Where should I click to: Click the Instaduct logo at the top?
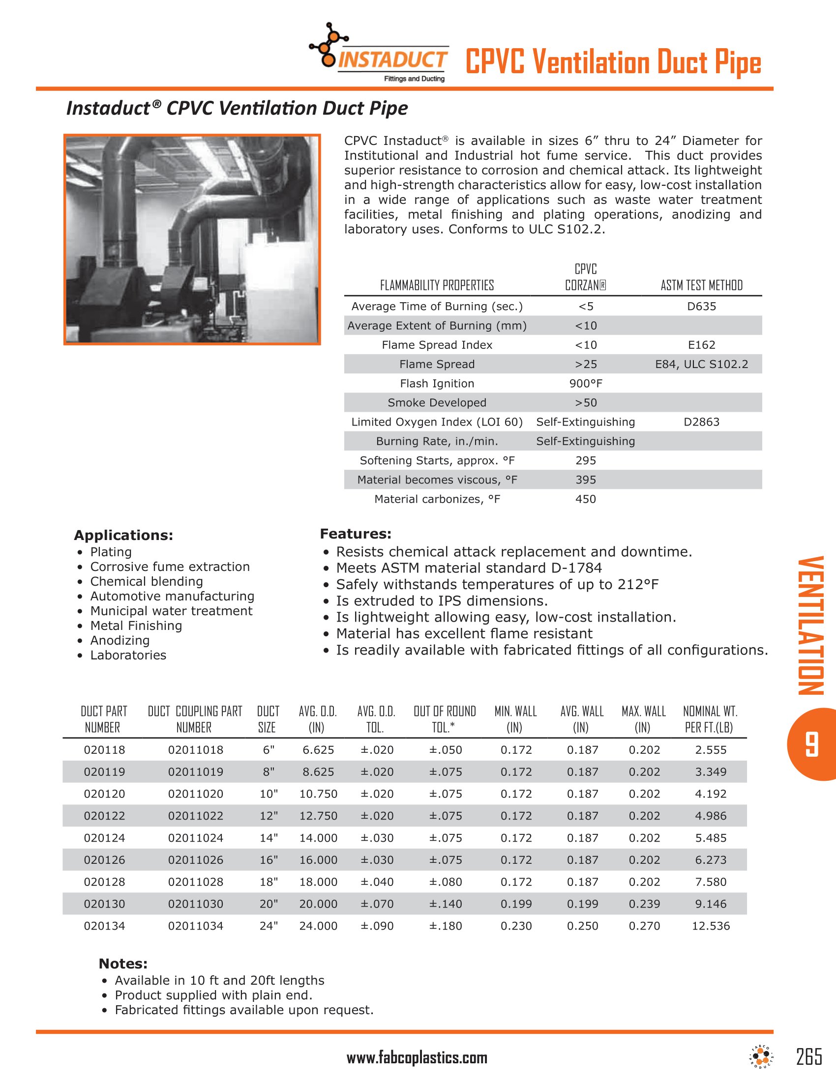click(x=379, y=54)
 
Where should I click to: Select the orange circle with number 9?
click(x=813, y=744)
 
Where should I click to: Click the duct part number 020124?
click(x=104, y=838)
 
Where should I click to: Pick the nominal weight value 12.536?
click(x=711, y=926)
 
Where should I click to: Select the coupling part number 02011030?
click(x=196, y=904)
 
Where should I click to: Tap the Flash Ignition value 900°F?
click(x=585, y=384)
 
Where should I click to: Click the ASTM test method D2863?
click(x=701, y=422)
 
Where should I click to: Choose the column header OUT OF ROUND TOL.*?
click(x=444, y=719)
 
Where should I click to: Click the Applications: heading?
click(x=123, y=535)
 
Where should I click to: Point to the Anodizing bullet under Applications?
click(x=120, y=640)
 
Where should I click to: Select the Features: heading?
click(x=356, y=534)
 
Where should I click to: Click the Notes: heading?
click(x=123, y=964)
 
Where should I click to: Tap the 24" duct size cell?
click(x=269, y=926)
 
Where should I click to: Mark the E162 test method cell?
click(x=701, y=345)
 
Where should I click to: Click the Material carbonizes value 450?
click(x=585, y=499)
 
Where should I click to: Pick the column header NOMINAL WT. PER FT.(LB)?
click(x=710, y=719)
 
